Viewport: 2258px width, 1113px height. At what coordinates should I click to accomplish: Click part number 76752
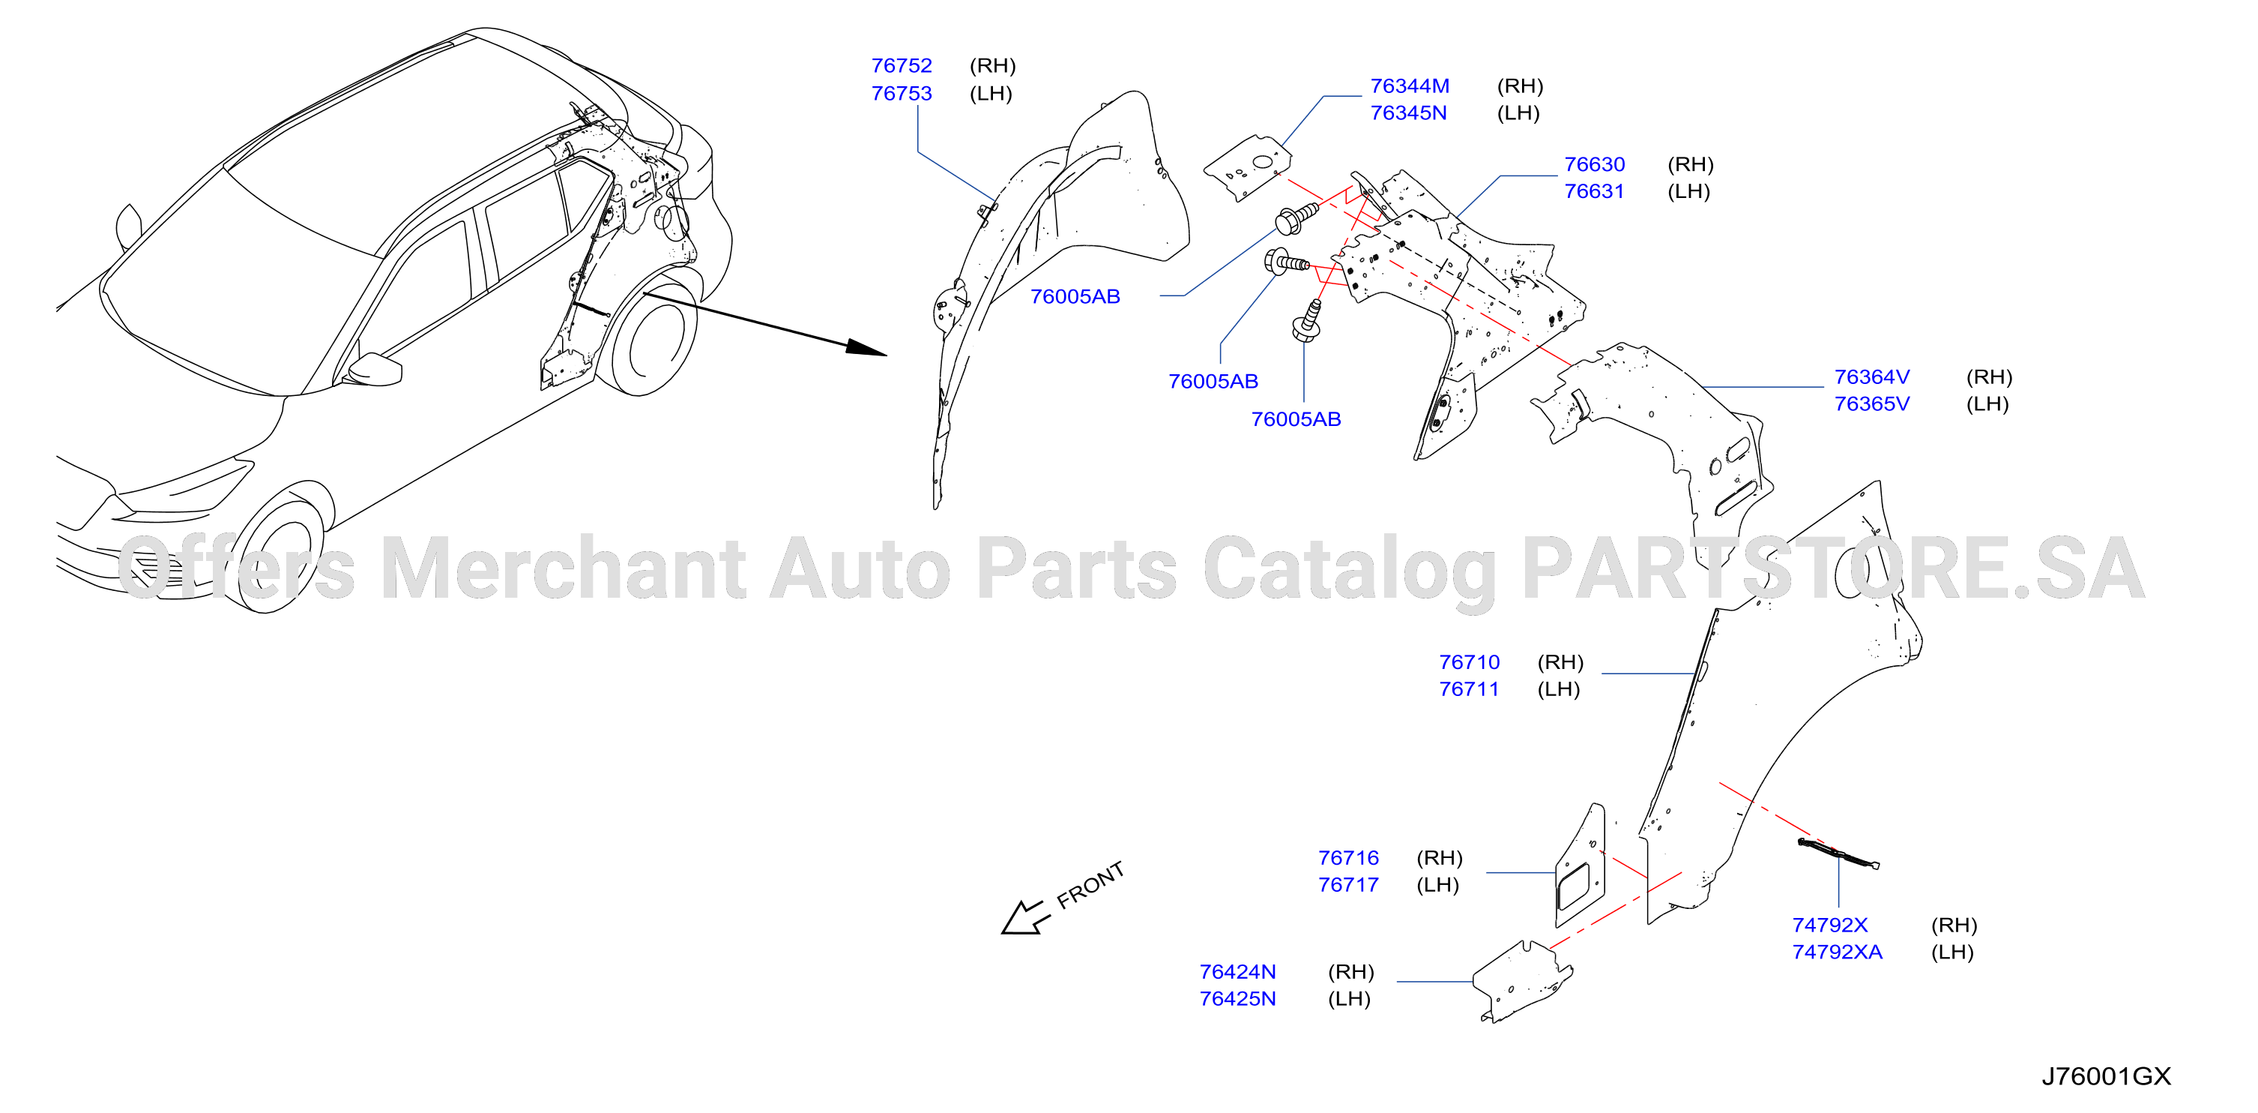[x=901, y=66]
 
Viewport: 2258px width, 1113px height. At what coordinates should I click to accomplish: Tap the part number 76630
[x=1595, y=165]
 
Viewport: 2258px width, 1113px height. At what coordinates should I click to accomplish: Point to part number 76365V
[x=1871, y=404]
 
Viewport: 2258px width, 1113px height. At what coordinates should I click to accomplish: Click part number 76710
[x=1469, y=662]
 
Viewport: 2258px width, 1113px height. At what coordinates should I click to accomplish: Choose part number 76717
[x=1348, y=885]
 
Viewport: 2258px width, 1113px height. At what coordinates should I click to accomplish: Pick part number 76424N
[x=1238, y=972]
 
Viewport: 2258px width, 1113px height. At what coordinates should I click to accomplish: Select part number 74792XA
[x=1838, y=952]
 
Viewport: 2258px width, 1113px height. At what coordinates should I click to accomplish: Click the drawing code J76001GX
[x=2107, y=1076]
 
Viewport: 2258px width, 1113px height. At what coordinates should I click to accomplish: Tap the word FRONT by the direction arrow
[x=1090, y=885]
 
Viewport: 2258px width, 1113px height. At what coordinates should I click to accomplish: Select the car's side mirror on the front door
[x=375, y=370]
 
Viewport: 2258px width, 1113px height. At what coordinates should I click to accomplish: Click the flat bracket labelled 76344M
[x=1247, y=167]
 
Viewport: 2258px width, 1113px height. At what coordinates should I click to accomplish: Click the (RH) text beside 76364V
[x=1989, y=377]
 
